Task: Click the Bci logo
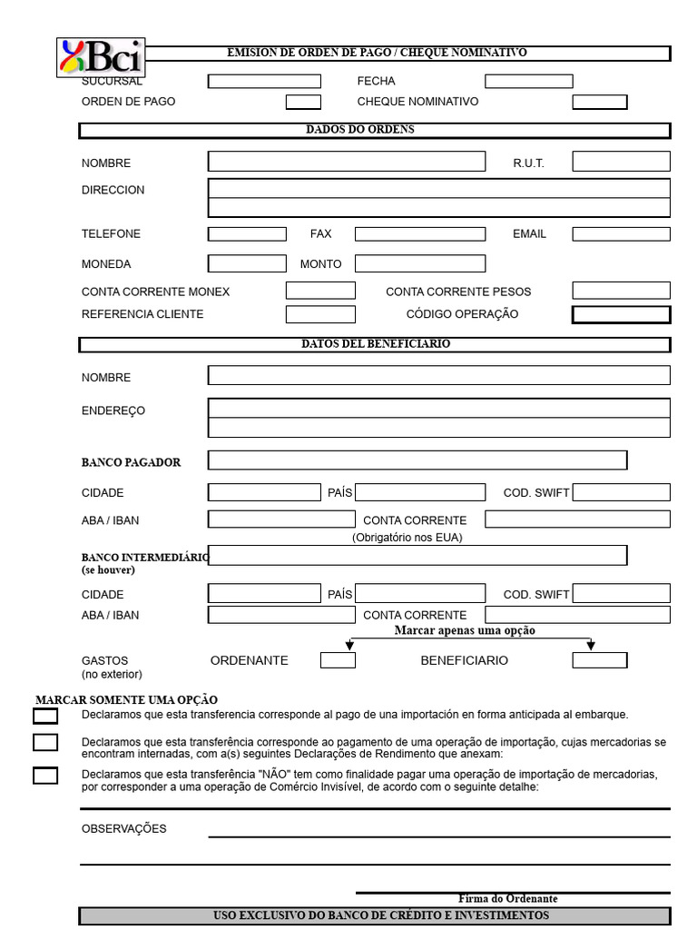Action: [101, 57]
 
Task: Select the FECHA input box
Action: [528, 82]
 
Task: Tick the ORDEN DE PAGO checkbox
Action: [303, 102]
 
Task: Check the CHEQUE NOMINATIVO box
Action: [599, 102]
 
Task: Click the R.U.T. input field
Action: [621, 162]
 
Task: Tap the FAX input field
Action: [419, 234]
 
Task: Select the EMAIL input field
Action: [621, 234]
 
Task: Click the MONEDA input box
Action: [247, 264]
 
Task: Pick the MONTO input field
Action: [419, 264]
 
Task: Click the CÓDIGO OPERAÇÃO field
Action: [621, 315]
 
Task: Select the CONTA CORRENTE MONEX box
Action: [320, 292]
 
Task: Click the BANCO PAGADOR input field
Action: [417, 460]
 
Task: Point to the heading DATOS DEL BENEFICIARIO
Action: [375, 344]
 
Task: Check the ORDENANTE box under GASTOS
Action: [338, 660]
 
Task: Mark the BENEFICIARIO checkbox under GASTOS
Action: [599, 660]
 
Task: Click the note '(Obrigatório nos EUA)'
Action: [407, 538]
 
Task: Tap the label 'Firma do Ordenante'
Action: [507, 898]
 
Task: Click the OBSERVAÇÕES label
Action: [124, 829]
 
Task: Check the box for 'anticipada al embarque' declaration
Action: [45, 716]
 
